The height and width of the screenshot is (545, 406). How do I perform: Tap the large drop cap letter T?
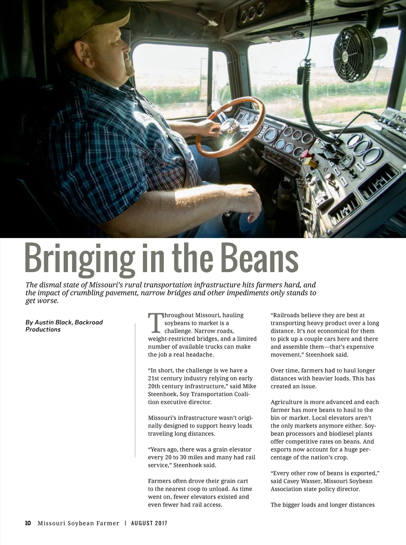[155, 322]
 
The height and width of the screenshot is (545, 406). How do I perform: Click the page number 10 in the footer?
[28, 523]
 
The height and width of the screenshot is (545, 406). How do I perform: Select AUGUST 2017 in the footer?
[149, 523]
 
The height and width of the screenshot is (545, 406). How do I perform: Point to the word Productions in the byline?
[43, 330]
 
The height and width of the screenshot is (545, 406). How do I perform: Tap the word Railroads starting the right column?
[285, 315]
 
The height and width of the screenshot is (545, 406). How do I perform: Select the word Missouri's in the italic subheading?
[105, 285]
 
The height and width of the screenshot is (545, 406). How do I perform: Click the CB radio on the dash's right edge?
[393, 119]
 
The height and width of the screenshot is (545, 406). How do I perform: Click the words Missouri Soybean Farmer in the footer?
[78, 523]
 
